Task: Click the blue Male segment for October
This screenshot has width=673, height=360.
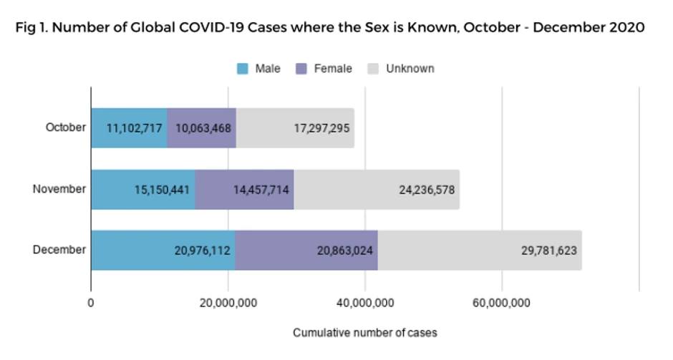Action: [129, 128]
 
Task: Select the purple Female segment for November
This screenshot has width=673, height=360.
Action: [244, 190]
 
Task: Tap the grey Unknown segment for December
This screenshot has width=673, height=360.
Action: [480, 250]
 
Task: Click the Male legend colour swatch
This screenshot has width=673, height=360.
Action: [243, 69]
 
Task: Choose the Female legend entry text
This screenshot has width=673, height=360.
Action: [334, 69]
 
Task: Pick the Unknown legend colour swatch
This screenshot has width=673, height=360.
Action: [373, 69]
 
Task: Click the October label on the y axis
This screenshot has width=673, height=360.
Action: [65, 128]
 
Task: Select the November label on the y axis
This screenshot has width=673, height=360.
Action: [59, 190]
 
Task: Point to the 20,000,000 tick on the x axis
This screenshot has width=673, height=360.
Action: [228, 303]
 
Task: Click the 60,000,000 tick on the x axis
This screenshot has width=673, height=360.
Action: [502, 303]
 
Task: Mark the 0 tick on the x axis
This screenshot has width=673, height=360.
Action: [91, 303]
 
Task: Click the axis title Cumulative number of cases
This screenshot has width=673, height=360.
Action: [364, 333]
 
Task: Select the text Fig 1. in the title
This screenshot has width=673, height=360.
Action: [32, 28]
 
